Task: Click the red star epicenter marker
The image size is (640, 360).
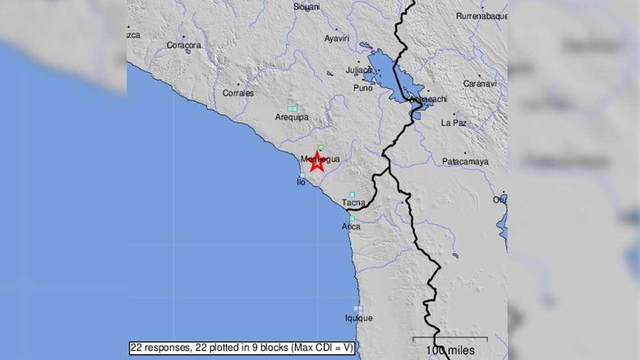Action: click(x=317, y=161)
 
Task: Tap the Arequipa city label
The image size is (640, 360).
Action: click(x=292, y=117)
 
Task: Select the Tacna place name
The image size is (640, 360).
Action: click(x=354, y=203)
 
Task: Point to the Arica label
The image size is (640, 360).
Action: click(x=351, y=226)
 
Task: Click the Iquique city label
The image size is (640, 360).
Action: click(x=359, y=318)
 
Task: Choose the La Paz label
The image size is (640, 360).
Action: click(x=453, y=122)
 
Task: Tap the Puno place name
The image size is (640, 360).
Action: click(x=363, y=88)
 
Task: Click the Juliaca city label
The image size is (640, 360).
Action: click(x=359, y=70)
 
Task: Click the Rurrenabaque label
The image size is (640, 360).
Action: click(x=481, y=16)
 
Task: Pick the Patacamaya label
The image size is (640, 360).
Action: click(x=465, y=162)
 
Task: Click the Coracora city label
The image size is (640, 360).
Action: click(x=184, y=45)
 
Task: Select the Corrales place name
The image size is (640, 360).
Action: click(x=238, y=93)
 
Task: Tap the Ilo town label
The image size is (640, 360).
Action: click(x=301, y=182)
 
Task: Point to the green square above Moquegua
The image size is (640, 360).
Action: click(x=321, y=147)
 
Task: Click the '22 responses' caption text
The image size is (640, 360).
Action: click(x=242, y=348)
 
